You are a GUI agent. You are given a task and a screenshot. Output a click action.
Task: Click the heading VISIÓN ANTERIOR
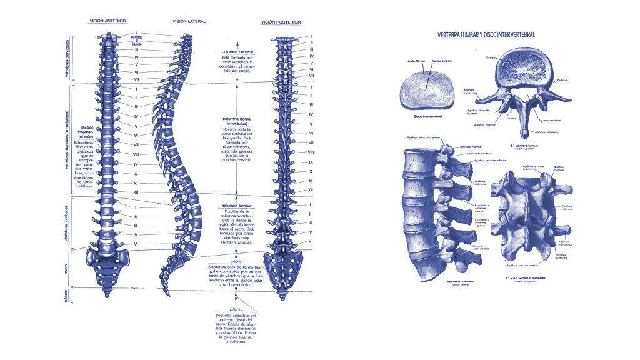[107, 21]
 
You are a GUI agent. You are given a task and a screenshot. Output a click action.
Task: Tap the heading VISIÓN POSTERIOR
[281, 22]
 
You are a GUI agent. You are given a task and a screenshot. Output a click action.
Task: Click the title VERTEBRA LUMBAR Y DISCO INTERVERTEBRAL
[486, 35]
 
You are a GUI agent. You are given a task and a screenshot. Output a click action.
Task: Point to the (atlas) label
[136, 37]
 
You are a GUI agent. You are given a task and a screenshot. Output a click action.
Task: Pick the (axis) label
[136, 45]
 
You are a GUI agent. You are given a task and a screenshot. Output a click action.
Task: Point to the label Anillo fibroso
[416, 61]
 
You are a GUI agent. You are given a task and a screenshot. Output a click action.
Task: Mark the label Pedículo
[563, 81]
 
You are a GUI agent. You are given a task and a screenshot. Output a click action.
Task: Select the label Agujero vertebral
[547, 120]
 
